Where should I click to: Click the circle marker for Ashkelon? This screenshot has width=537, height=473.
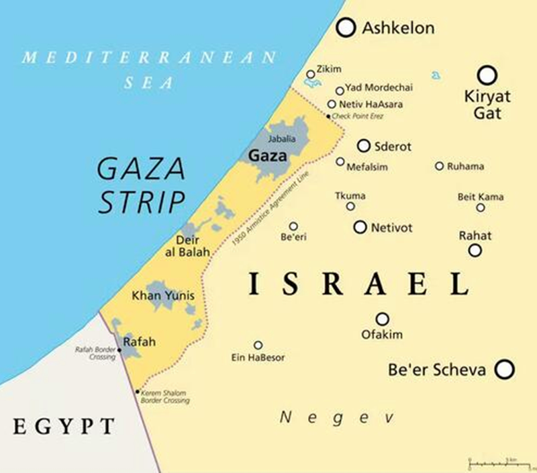pos(346,28)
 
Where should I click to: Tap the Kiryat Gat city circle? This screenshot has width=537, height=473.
pos(487,75)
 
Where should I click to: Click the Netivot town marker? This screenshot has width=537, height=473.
pos(360,227)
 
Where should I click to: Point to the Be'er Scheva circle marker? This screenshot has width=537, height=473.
pos(504,369)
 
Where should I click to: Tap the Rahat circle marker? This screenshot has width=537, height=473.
pos(475,250)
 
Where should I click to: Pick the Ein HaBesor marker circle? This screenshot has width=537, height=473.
pos(258,345)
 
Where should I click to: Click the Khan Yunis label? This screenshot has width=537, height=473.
pos(154,296)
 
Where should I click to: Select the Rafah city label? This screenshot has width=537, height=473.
pos(140,342)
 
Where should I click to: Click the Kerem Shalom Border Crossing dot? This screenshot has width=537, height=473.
pos(138,392)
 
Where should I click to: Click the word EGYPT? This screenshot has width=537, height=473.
pos(64,426)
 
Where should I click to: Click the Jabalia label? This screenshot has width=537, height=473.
pos(281,139)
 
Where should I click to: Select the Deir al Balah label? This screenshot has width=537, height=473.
pos(187,246)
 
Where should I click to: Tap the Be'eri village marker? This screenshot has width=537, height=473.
pos(293,226)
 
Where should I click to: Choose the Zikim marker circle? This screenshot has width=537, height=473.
pos(310,75)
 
